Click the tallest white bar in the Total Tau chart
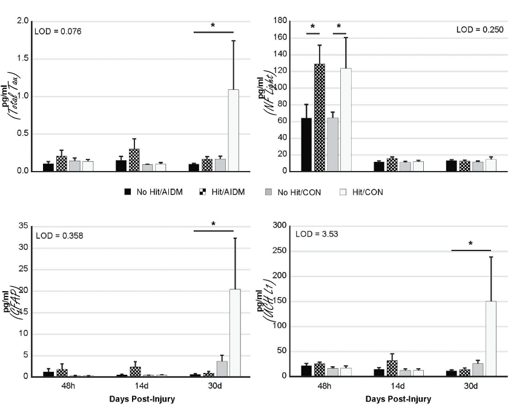(233, 130)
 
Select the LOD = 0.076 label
(58, 31)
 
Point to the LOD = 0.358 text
(59, 235)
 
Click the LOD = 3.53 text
(315, 233)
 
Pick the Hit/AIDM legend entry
(224, 192)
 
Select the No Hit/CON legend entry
(294, 192)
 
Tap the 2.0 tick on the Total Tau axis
(23, 21)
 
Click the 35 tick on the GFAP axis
(24, 226)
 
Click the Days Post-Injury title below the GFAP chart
(142, 399)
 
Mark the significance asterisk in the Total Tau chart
(213, 25)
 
